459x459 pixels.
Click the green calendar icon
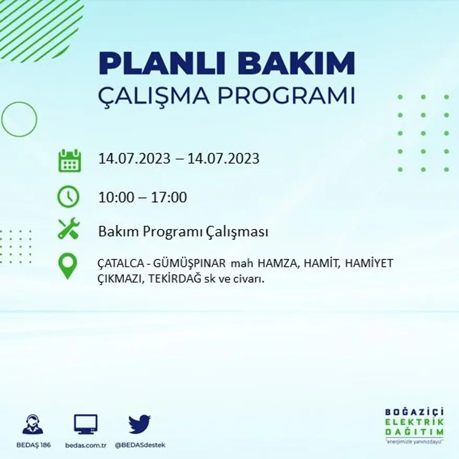pos(69,160)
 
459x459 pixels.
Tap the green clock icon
pos(68,197)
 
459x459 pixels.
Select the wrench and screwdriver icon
pos(68,228)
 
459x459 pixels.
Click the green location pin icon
pos(67,265)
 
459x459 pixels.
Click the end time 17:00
pos(168,198)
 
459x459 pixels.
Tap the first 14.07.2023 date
pos(135,159)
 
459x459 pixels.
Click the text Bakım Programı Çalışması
pos(183,232)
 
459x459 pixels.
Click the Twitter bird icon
pos(139,424)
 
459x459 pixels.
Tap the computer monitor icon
pos(86,424)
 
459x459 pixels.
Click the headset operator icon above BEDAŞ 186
pos(33,424)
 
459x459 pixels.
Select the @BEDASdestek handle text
pos(139,445)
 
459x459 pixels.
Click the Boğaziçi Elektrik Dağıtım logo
pos(414,426)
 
